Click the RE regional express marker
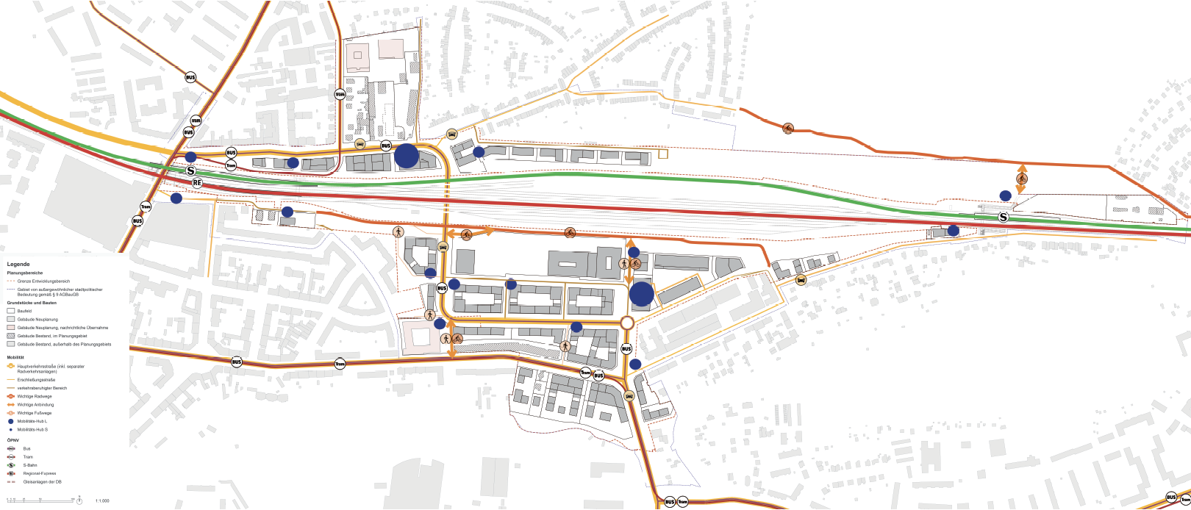point(197,182)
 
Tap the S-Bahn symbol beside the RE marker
point(191,170)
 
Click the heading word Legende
point(18,264)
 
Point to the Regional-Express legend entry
point(40,474)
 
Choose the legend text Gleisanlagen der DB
point(43,483)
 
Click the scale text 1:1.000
point(102,500)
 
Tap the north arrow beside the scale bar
point(79,500)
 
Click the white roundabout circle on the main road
point(626,323)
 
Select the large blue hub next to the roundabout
point(642,293)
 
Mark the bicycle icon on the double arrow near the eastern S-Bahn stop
point(1022,179)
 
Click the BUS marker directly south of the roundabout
point(626,349)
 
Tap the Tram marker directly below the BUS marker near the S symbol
point(231,165)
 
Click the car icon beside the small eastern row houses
point(800,280)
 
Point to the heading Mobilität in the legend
point(16,356)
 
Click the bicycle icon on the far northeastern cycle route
point(788,129)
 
